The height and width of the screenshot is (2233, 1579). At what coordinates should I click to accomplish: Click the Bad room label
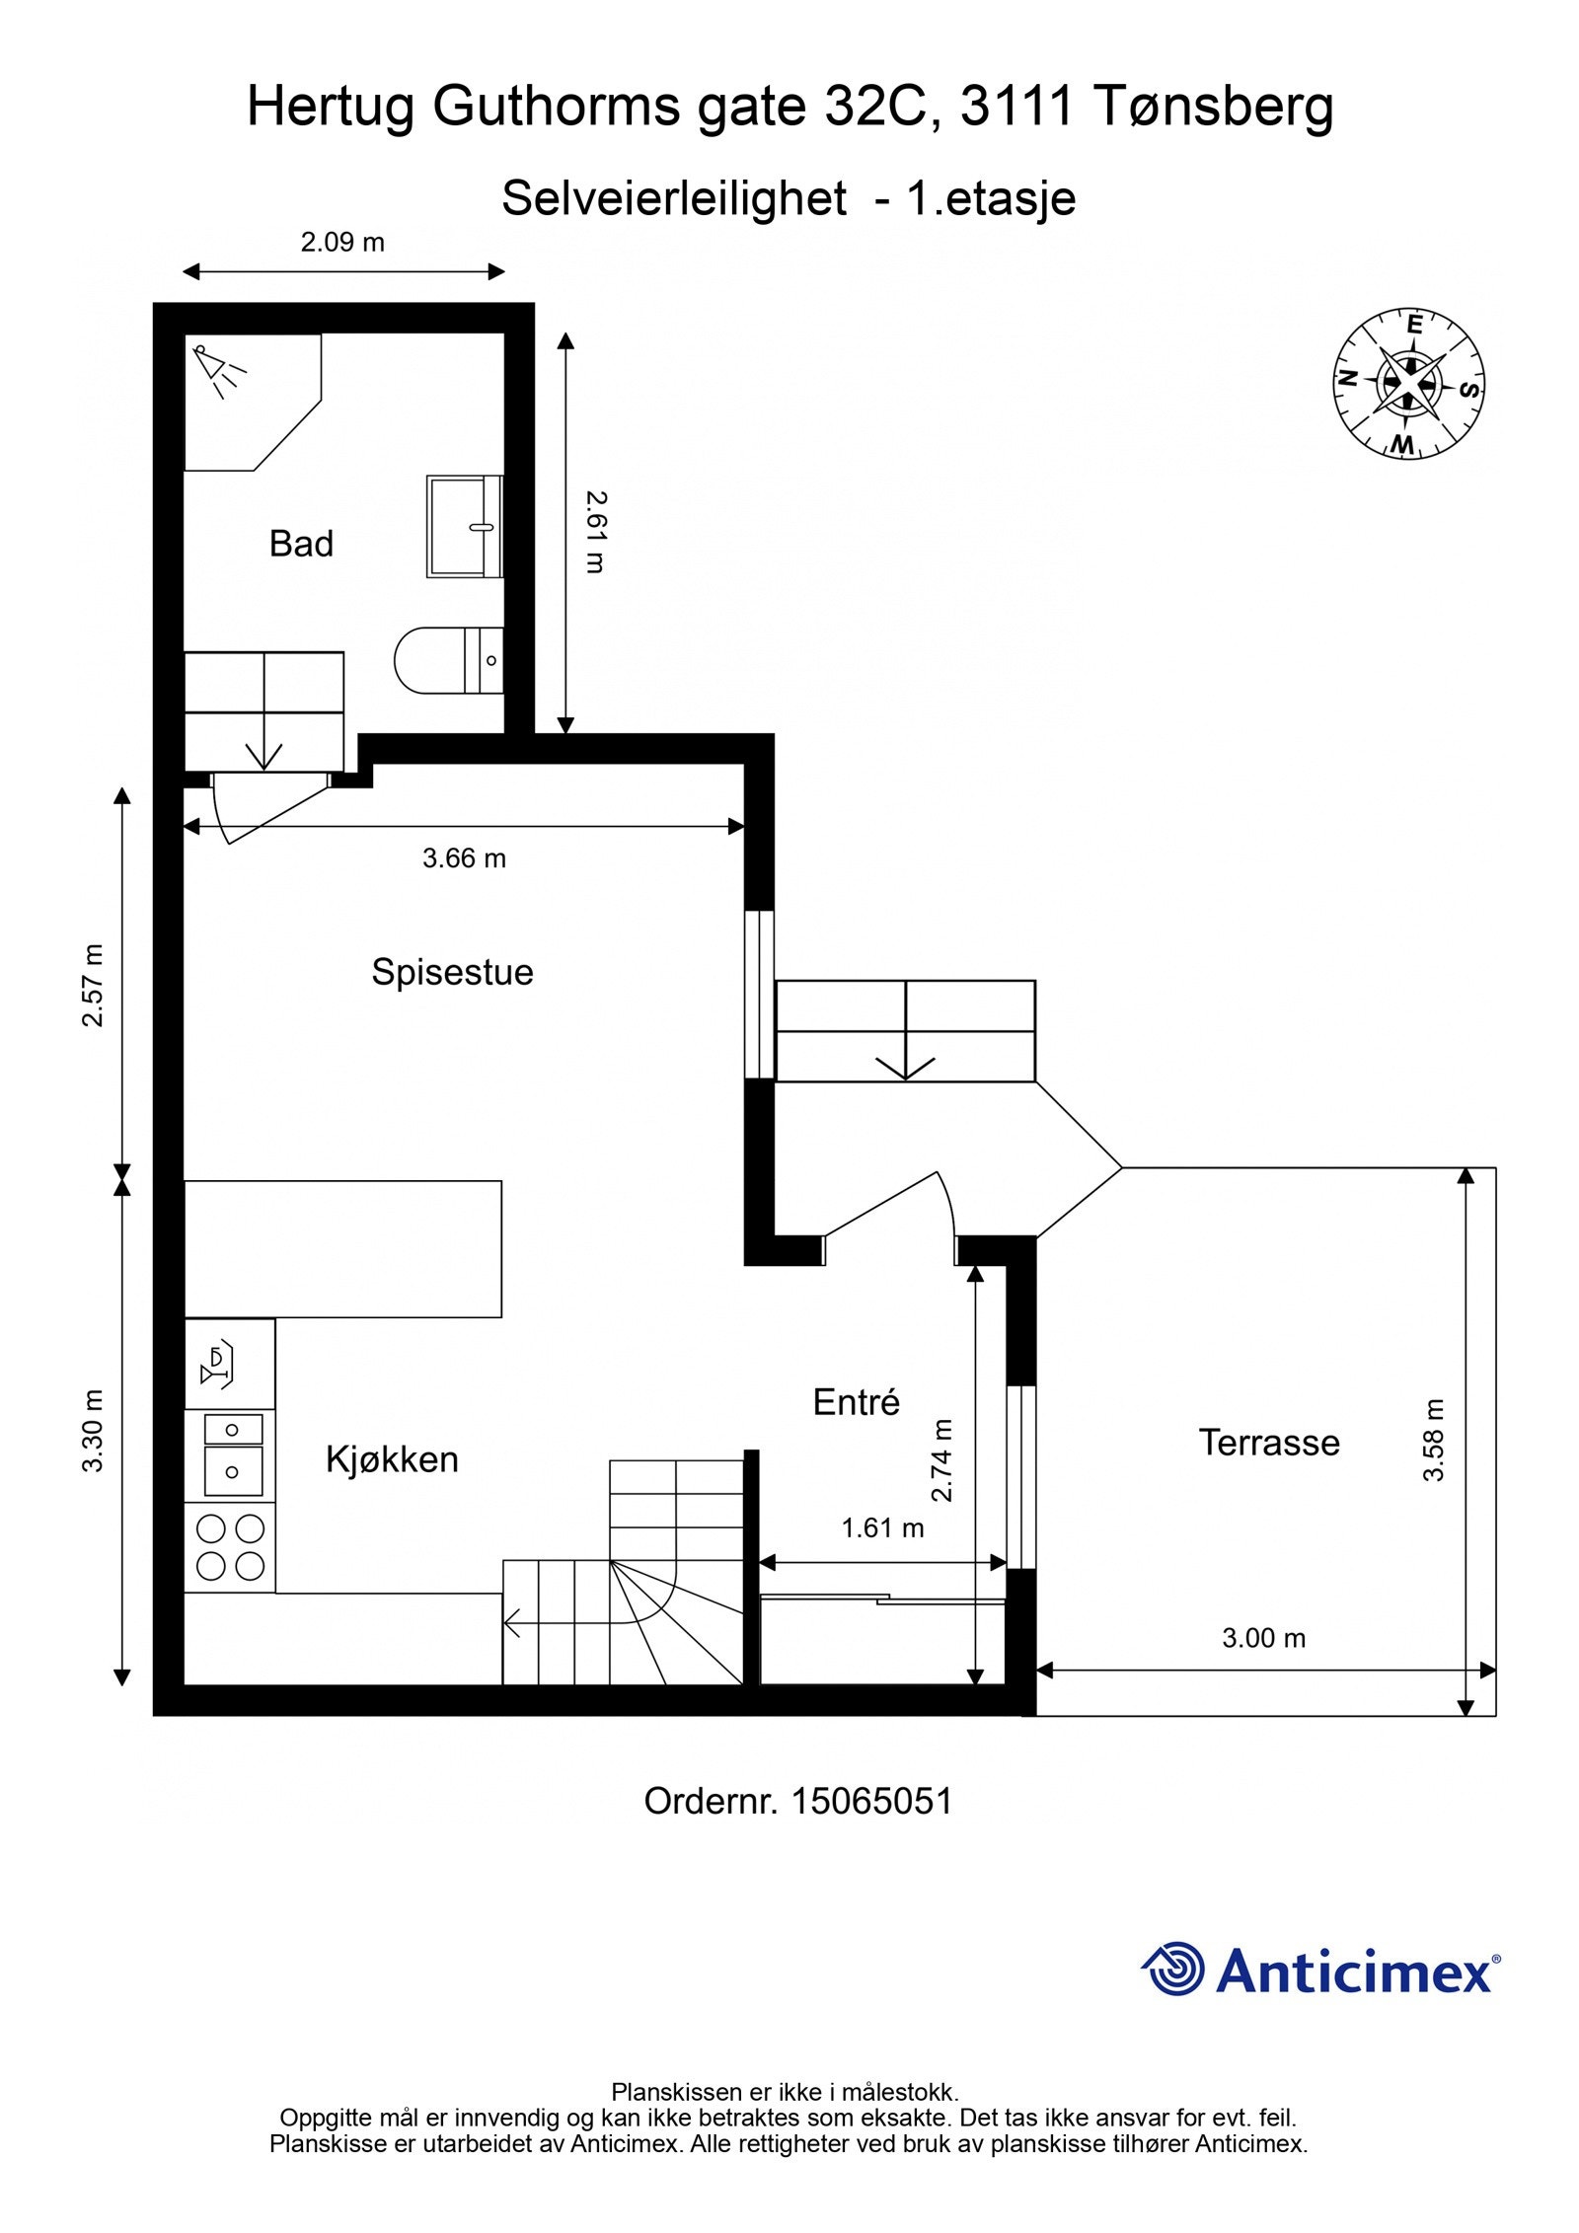[301, 544]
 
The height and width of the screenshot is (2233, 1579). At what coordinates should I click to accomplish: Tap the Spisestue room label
[452, 972]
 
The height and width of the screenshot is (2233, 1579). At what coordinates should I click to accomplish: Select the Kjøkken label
[392, 1459]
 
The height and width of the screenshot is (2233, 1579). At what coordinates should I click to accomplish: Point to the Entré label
[856, 1402]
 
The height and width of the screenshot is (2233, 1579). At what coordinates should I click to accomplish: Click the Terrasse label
[1269, 1443]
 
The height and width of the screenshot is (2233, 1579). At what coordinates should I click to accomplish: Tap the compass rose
[1410, 383]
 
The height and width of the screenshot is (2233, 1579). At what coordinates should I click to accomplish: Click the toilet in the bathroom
[448, 660]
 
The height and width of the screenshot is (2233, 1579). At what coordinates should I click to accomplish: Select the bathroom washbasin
[465, 526]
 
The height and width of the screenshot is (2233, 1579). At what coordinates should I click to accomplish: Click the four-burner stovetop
[230, 1547]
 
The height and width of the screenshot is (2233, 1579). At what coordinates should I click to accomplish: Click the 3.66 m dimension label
[464, 858]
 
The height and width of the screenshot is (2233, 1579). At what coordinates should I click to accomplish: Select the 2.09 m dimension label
[342, 242]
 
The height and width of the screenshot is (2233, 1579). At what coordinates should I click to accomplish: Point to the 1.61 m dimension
[882, 1528]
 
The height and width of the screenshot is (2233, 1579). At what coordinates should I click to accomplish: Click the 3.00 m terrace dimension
[1263, 1638]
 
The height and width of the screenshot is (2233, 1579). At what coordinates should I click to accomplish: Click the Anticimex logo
[1320, 1971]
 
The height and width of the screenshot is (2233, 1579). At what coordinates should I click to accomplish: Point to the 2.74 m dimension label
[942, 1459]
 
